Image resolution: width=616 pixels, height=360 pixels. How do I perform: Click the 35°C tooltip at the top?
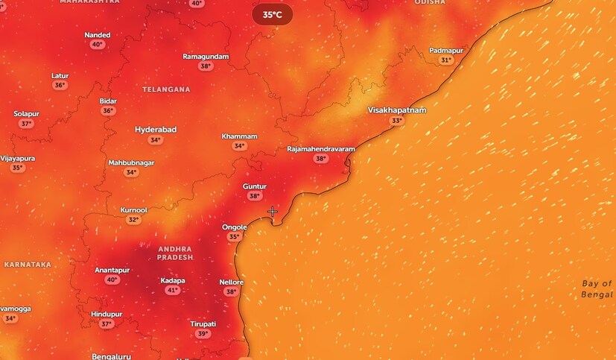coord(272,14)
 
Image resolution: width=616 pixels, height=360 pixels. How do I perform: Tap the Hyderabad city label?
coord(156,130)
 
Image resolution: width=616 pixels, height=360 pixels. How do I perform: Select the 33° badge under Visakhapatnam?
coord(396,121)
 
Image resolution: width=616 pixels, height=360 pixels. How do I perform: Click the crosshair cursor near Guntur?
coord(273,212)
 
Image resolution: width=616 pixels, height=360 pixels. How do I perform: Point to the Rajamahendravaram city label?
coord(321,149)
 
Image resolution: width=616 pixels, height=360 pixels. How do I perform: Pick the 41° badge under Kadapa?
coord(172,290)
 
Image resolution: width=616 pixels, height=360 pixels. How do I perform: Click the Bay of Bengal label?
coord(597,289)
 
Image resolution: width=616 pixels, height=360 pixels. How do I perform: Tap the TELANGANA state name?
coord(166,89)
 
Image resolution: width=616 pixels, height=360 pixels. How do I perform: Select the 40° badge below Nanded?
coord(97,45)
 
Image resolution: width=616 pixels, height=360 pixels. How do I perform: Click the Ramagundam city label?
coord(206,57)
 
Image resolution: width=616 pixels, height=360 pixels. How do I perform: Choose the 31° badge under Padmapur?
coord(446,60)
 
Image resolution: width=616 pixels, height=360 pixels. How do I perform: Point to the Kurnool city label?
coord(134,210)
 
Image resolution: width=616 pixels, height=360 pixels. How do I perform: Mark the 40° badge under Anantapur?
coord(112,280)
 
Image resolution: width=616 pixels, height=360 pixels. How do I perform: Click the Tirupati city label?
coord(203,323)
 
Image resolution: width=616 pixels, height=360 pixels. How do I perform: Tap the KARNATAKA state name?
coord(28,265)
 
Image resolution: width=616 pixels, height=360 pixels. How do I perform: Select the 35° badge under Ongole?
coord(234,237)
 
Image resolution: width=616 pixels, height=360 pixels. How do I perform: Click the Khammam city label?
coord(239,136)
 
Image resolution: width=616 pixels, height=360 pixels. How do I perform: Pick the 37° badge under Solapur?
coord(26,124)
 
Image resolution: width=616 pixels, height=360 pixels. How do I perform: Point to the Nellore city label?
coord(231,282)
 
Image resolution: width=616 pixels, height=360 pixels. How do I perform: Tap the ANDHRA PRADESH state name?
coord(175,253)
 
